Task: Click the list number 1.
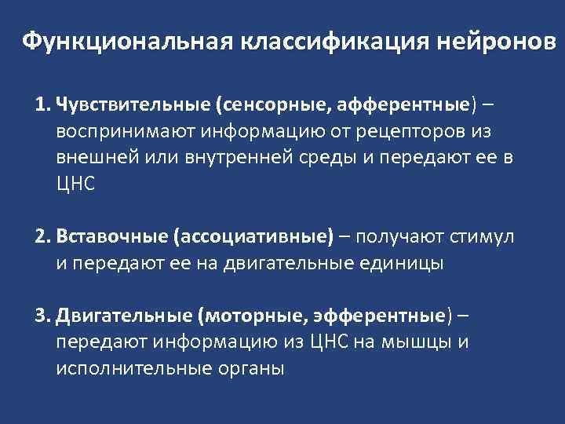point(41,104)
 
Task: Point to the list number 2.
point(41,236)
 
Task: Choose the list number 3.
point(41,316)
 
